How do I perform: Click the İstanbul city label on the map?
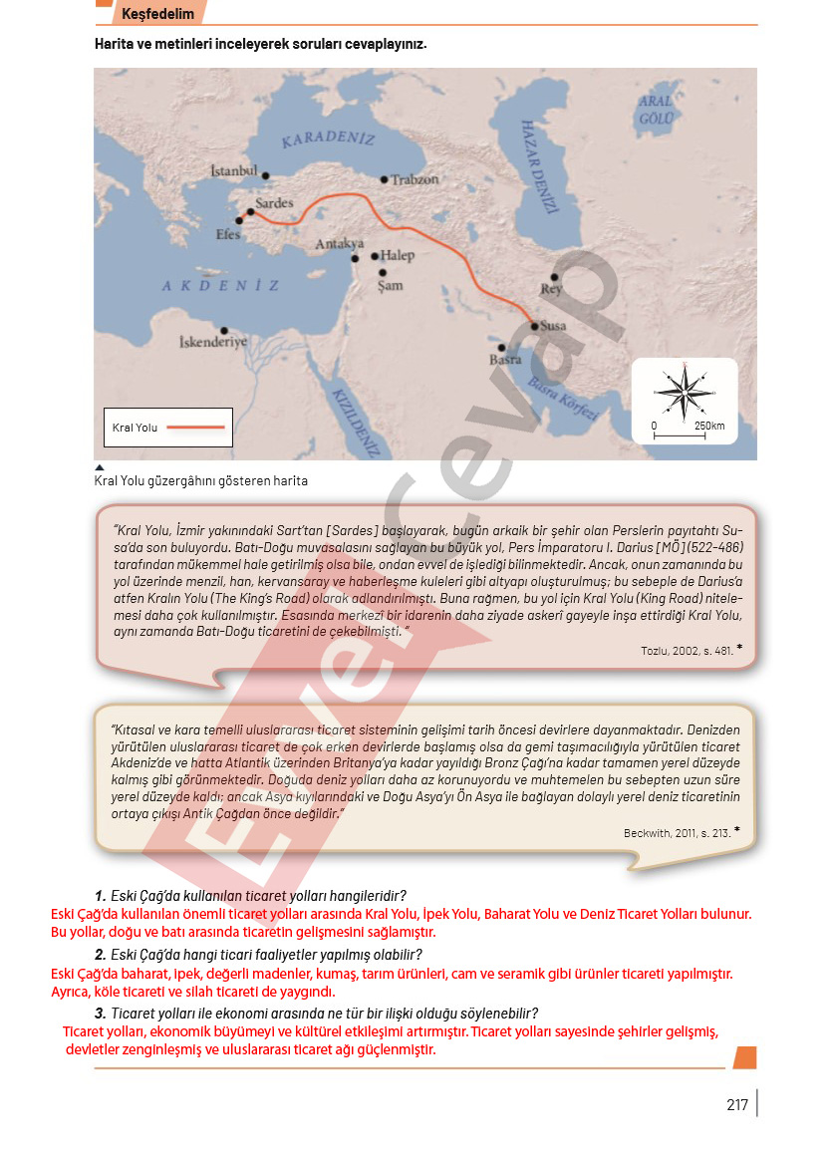click(x=234, y=171)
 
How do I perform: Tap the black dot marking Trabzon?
click(x=385, y=179)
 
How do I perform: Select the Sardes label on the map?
click(x=274, y=203)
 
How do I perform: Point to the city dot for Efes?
click(x=238, y=221)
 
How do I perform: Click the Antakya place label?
click(x=340, y=243)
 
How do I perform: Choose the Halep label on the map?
click(x=397, y=255)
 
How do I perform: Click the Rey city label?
click(x=551, y=289)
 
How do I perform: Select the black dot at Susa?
click(x=534, y=326)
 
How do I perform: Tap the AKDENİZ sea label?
click(x=221, y=286)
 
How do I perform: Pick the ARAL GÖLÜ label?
click(x=656, y=109)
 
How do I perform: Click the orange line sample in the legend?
click(x=196, y=427)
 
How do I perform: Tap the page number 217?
click(x=737, y=1104)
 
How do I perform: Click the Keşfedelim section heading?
click(x=157, y=14)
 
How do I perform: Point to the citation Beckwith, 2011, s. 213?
click(x=678, y=832)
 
